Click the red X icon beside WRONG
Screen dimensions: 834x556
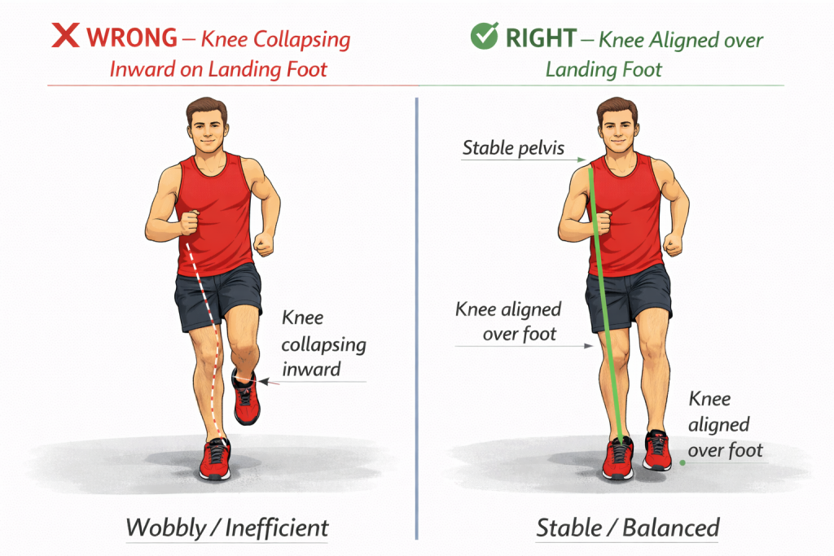coord(65,35)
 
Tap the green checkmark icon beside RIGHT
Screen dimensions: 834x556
coord(485,36)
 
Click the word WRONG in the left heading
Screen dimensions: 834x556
coord(132,37)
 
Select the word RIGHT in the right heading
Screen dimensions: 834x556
coord(541,38)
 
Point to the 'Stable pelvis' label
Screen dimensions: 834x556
coord(513,148)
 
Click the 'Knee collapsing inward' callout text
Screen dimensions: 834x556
coord(323,344)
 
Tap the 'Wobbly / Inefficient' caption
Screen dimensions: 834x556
coord(227,528)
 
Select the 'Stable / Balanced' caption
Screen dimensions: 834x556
coord(628,528)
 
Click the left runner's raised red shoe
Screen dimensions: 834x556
coord(246,397)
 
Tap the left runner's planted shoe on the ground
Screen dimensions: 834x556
coord(215,459)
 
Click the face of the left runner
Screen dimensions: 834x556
coord(208,131)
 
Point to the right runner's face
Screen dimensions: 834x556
coord(617,131)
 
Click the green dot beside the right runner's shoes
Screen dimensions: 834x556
coord(683,463)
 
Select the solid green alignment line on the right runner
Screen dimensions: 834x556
coord(605,305)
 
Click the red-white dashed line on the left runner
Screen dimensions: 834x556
coord(209,340)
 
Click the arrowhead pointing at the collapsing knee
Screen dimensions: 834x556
coord(263,381)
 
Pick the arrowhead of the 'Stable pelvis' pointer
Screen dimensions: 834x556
coord(582,159)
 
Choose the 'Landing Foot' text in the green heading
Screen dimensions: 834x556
coord(604,70)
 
